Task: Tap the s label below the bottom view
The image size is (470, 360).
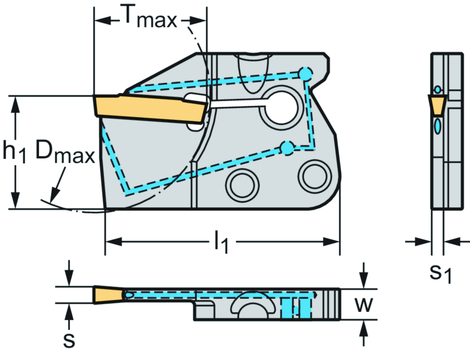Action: (x=69, y=340)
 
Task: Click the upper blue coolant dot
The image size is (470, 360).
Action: (x=305, y=73)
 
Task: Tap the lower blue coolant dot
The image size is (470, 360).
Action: (x=287, y=148)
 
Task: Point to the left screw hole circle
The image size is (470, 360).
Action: (x=242, y=185)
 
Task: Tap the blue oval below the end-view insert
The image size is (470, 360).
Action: (x=438, y=125)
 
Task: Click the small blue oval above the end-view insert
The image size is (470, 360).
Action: (x=438, y=89)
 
